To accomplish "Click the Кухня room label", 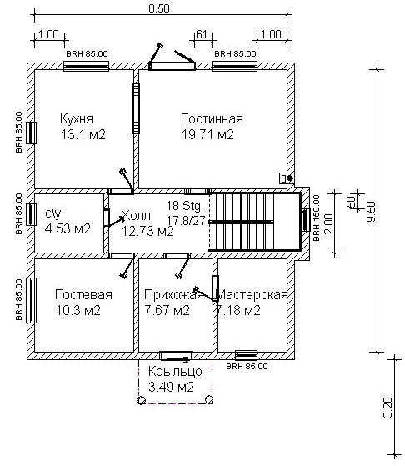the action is click(77, 118).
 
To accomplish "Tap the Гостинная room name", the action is click(212, 118).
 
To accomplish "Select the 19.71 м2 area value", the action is click(207, 134).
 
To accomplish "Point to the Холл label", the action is click(136, 215).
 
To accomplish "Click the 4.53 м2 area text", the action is click(67, 229).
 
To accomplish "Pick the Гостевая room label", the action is click(83, 295).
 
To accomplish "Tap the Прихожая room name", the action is click(174, 295).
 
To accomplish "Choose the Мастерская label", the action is click(252, 295).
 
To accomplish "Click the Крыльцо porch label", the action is click(175, 372).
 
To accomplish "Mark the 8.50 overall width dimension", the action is click(159, 8).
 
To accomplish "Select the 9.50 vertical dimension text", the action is click(371, 212).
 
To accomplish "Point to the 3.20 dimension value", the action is click(387, 408).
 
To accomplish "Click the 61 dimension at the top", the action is click(202, 34).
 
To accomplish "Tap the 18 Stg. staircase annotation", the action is click(185, 205).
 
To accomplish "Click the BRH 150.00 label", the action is click(317, 218).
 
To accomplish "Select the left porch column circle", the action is click(142, 400).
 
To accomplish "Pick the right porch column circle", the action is click(209, 399).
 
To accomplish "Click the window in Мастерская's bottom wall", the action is click(247, 355).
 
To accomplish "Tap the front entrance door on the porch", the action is click(176, 356).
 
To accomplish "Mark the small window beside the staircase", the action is click(307, 220).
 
